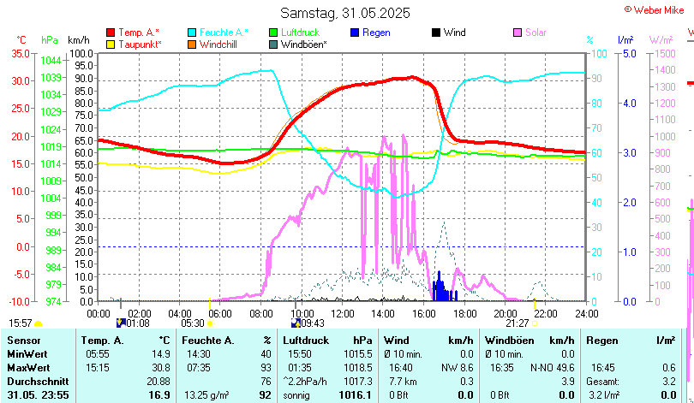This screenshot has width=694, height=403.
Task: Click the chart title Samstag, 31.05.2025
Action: click(x=345, y=13)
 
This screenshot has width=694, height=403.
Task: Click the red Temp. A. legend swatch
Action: click(x=111, y=33)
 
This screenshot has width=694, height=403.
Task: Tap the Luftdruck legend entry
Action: click(x=298, y=33)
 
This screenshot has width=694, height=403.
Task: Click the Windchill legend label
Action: click(x=219, y=44)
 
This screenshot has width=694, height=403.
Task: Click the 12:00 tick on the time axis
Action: click(x=342, y=312)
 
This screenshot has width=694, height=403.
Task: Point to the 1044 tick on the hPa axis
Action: click(x=51, y=60)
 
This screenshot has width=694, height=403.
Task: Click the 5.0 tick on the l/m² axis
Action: click(x=628, y=53)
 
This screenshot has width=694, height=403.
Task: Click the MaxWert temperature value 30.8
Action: click(x=159, y=367)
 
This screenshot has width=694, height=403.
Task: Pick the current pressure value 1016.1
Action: click(x=356, y=395)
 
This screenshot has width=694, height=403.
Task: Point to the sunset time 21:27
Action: click(x=518, y=323)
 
